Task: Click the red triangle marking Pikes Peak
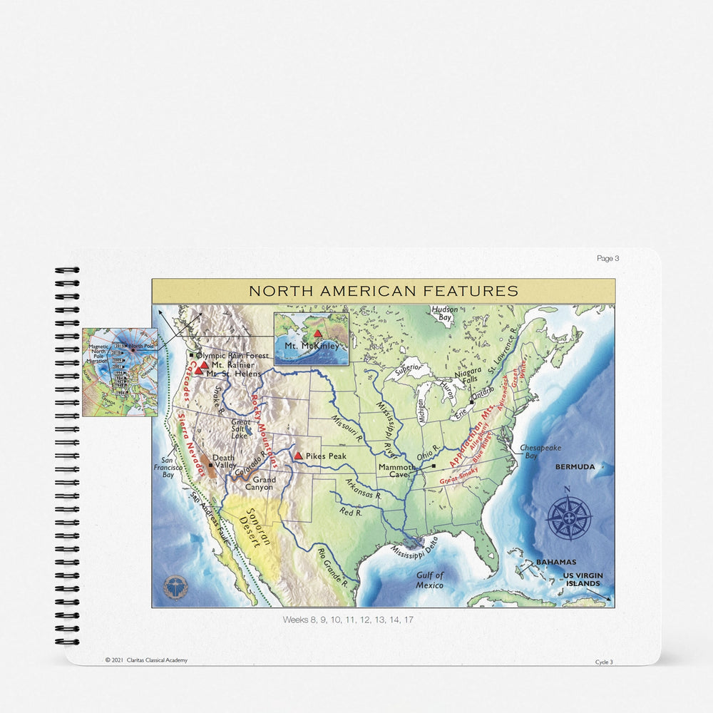[298, 455]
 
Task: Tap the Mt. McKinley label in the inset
[312, 347]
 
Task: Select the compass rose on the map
[568, 517]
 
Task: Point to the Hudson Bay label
[445, 315]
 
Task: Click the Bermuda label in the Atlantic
[575, 466]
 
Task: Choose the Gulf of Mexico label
[430, 580]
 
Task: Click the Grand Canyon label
[259, 484]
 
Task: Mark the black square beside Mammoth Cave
[434, 467]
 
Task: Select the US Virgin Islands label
[583, 579]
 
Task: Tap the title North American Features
[383, 291]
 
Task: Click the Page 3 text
[607, 258]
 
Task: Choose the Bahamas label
[556, 562]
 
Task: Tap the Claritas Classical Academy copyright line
[146, 660]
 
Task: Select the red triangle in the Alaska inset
[318, 334]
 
